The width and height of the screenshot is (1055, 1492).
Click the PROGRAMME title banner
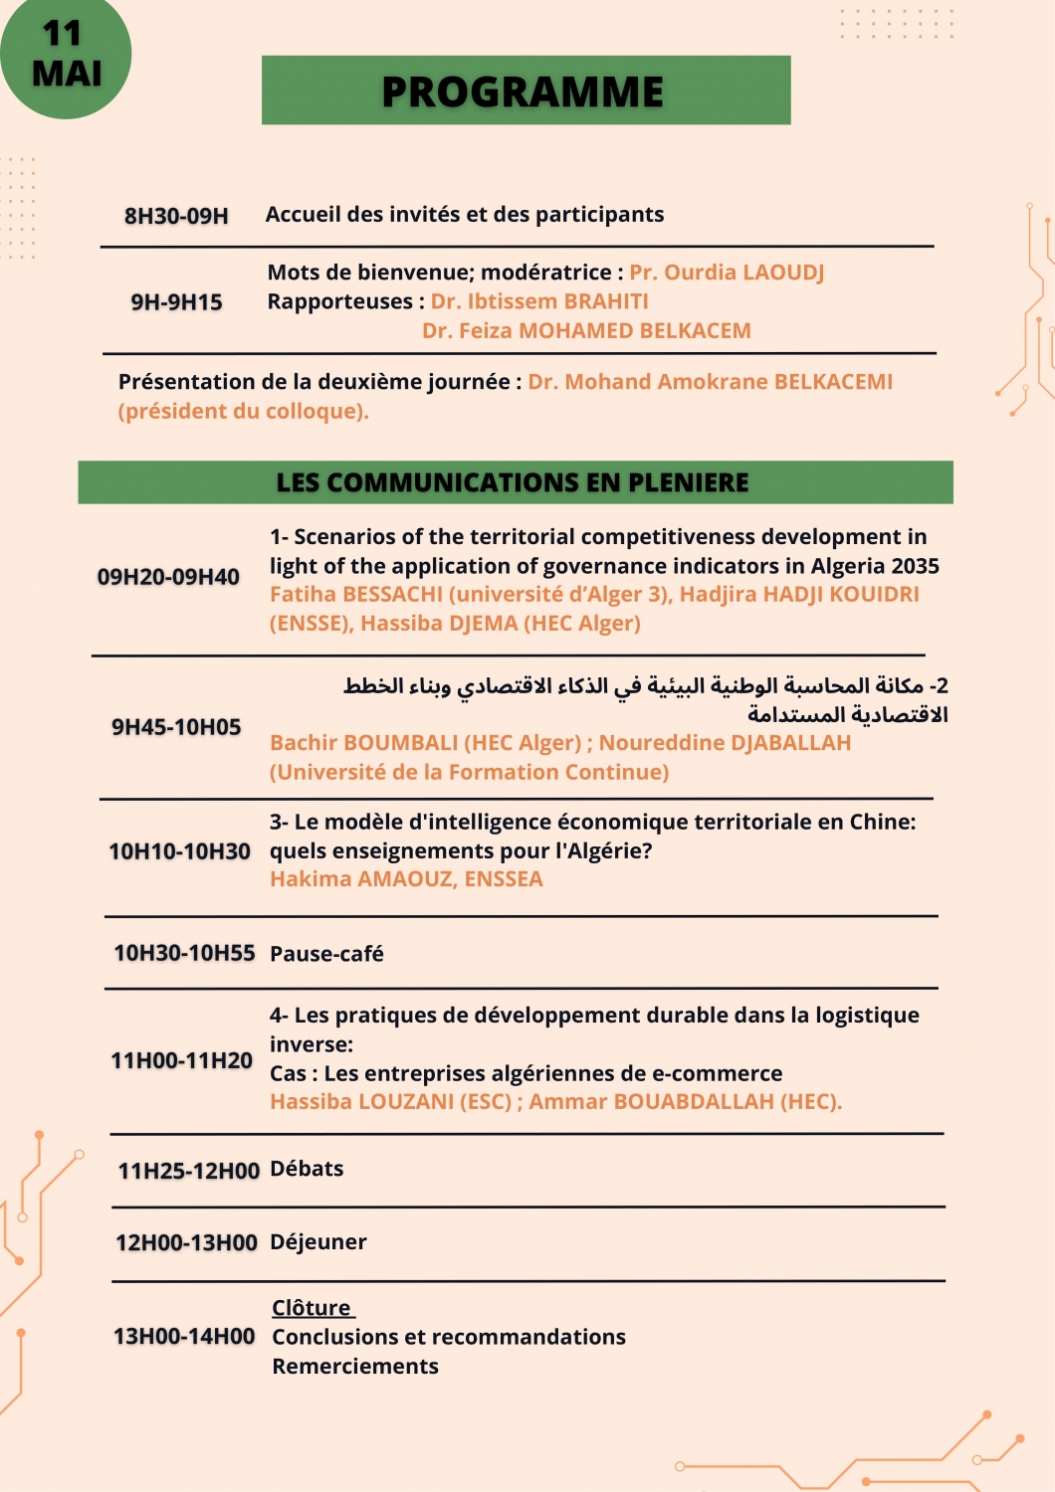point(526,91)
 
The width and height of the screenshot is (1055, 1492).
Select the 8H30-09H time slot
point(176,216)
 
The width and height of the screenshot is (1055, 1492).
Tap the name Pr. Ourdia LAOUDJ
point(727,273)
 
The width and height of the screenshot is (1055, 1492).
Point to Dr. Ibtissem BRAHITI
point(539,301)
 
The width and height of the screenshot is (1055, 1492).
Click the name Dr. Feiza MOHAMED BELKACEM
point(586,331)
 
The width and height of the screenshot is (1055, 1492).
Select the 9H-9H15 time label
point(176,302)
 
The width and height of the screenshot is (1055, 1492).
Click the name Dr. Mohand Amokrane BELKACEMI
point(710,382)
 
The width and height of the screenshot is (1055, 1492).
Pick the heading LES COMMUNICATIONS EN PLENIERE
point(514,482)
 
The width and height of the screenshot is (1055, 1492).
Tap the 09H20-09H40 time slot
point(168,577)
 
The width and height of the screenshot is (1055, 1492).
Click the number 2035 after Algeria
point(916,566)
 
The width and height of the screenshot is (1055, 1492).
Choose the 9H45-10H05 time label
point(176,727)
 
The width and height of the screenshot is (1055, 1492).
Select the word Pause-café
point(326,954)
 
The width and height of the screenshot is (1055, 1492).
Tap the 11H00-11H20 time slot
point(181,1060)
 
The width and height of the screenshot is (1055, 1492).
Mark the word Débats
point(307,1169)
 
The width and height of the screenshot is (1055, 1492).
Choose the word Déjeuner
point(318,1242)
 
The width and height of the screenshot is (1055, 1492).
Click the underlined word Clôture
point(312,1308)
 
